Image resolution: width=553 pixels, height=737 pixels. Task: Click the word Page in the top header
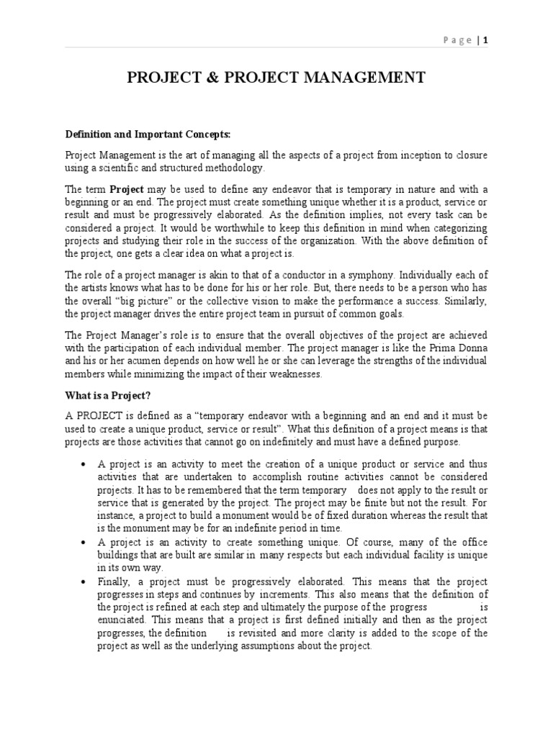(457, 40)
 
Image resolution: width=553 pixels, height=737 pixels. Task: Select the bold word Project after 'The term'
(127, 189)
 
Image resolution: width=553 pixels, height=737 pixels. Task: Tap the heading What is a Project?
(108, 394)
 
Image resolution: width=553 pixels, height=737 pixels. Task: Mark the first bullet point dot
(86, 465)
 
